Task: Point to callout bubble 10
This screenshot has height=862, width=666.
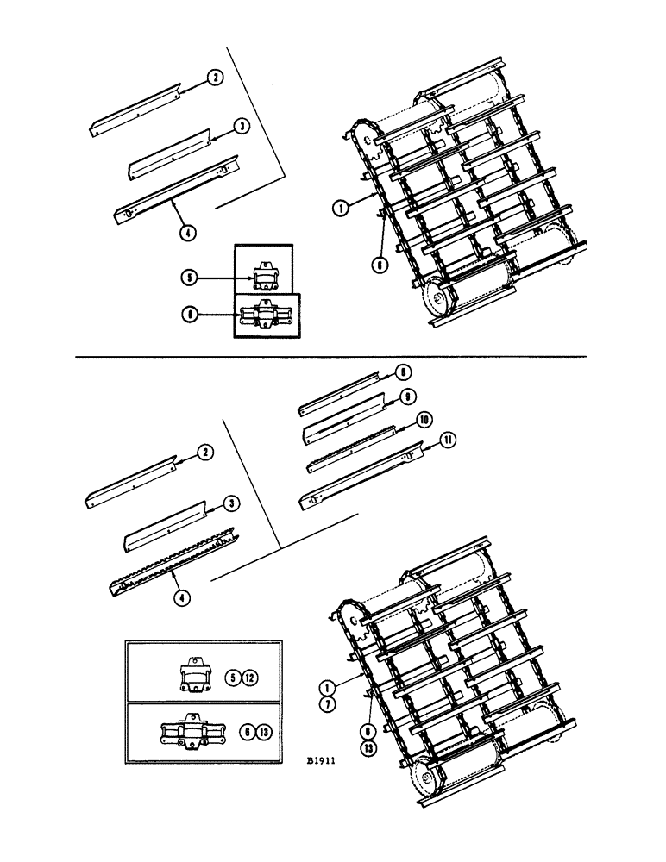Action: [x=424, y=420]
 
